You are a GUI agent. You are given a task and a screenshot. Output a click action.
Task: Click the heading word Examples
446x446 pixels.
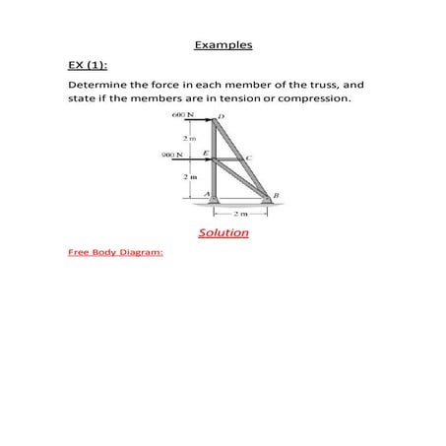click(223, 45)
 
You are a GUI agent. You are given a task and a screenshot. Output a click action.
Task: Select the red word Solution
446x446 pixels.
click(223, 232)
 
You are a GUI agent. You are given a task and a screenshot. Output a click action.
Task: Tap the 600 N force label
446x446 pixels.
click(182, 116)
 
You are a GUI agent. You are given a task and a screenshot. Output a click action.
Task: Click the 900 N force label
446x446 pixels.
click(173, 154)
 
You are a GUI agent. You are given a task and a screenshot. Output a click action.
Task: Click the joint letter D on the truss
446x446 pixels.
click(222, 116)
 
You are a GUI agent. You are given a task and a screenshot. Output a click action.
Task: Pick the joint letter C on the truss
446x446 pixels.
click(249, 158)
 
